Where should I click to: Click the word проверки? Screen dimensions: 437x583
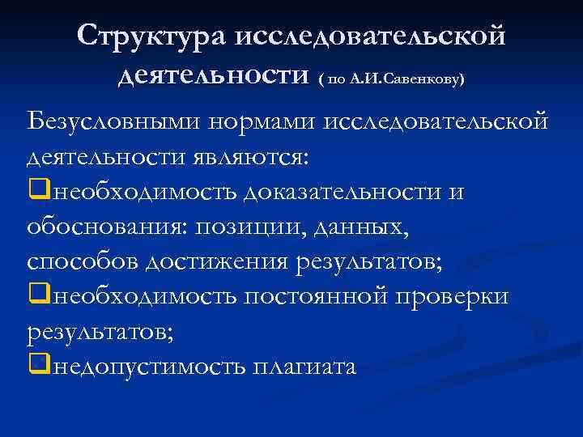(x=459, y=297)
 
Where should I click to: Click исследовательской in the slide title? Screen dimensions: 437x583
(x=370, y=36)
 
